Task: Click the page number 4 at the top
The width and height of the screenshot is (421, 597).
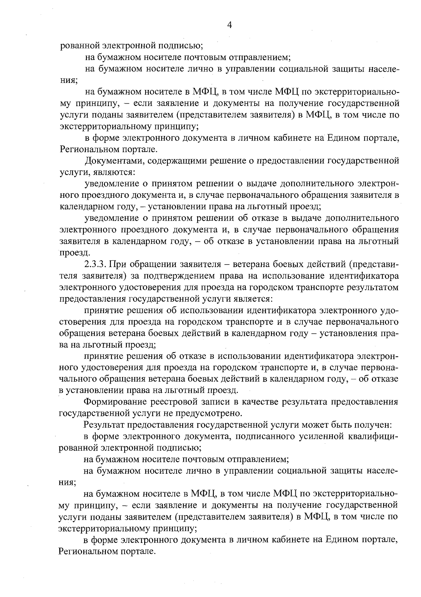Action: (230, 25)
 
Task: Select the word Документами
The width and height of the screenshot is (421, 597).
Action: (113, 161)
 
